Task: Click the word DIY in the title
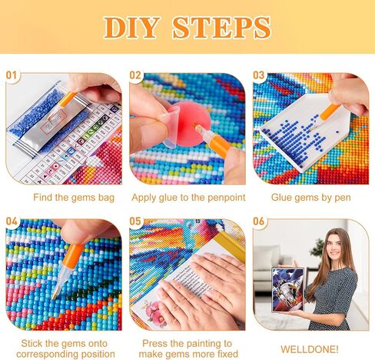(132, 28)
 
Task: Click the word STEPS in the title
(222, 28)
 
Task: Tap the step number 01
(12, 75)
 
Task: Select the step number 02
(135, 75)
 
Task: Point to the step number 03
(259, 75)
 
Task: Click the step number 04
(12, 221)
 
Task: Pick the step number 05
(135, 221)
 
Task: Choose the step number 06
(259, 221)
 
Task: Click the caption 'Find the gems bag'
(74, 198)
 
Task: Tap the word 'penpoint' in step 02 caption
(227, 198)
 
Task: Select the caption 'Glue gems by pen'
(311, 198)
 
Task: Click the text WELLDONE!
(310, 349)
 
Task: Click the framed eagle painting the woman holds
(288, 290)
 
